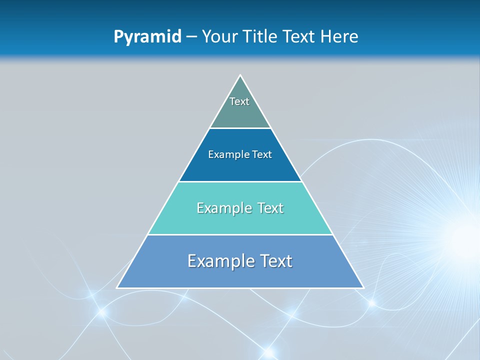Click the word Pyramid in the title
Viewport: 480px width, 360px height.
147,37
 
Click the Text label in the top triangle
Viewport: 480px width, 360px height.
239,101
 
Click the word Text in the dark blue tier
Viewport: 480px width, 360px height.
262,155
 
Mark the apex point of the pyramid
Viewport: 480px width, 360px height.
240,75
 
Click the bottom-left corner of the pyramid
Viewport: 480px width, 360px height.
117,287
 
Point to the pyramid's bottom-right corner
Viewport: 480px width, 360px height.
363,287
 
